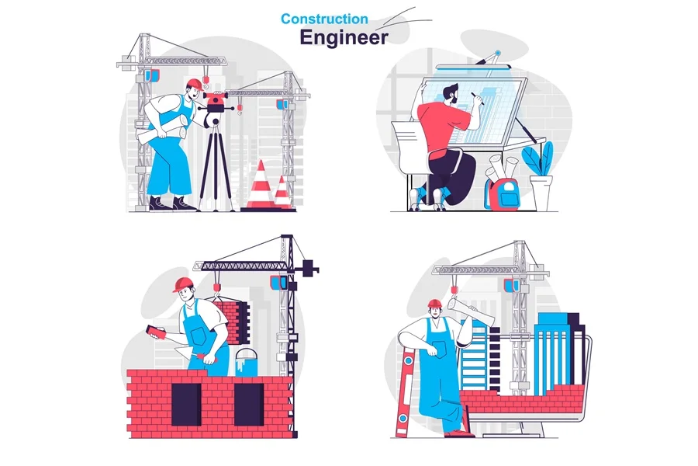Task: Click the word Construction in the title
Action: (324, 19)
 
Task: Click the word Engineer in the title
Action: (344, 37)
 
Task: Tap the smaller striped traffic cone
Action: (282, 192)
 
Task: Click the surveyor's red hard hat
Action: (195, 85)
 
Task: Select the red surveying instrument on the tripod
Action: (216, 102)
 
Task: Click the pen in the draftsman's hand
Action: (477, 99)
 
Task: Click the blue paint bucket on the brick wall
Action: (246, 362)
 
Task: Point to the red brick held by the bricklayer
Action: (155, 332)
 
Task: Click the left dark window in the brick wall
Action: (186, 405)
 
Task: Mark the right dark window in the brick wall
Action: (249, 405)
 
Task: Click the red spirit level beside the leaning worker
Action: (406, 392)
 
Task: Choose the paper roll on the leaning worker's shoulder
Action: (471, 310)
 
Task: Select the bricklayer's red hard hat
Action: (183, 284)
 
